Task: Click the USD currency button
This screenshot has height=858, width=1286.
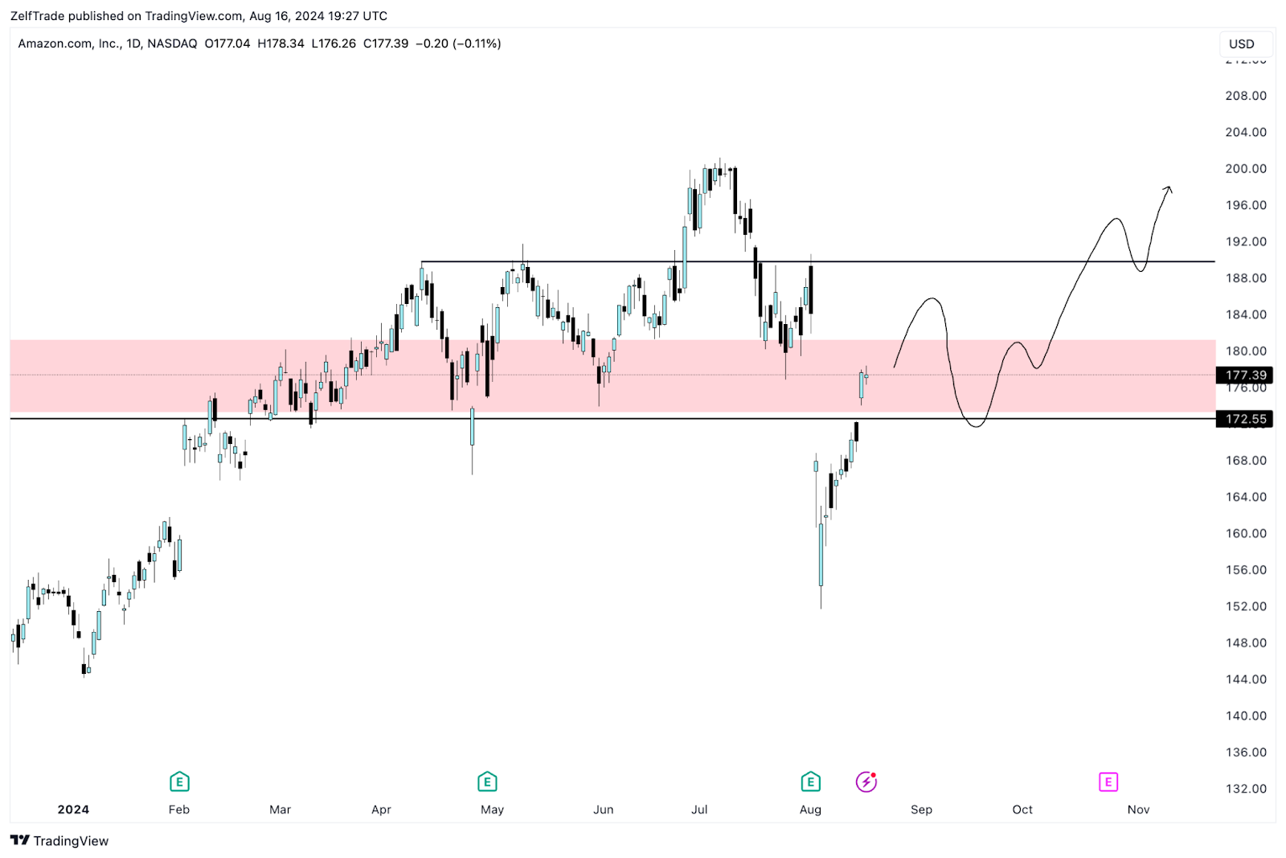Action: click(x=1241, y=44)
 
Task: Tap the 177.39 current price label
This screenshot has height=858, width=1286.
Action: click(x=1245, y=375)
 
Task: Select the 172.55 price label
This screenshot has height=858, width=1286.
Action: click(x=1245, y=419)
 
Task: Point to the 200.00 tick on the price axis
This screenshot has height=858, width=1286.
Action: click(x=1245, y=169)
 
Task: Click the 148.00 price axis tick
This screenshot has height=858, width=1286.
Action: click(x=1245, y=642)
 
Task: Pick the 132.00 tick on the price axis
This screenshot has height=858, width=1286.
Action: click(x=1245, y=789)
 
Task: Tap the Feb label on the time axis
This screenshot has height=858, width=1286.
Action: click(x=179, y=810)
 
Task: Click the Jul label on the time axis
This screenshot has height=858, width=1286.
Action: click(x=699, y=810)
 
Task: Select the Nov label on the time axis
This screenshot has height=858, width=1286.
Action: click(x=1138, y=810)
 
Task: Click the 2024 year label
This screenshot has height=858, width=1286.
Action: click(x=73, y=810)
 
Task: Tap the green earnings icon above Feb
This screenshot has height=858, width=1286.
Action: click(x=179, y=782)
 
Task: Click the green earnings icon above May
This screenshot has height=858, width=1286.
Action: click(x=487, y=782)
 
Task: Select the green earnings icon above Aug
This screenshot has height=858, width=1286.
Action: click(x=810, y=782)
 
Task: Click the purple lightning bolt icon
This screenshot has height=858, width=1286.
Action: click(x=866, y=782)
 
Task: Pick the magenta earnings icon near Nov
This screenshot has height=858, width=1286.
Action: click(x=1108, y=782)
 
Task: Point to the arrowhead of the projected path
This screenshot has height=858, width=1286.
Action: click(x=1169, y=189)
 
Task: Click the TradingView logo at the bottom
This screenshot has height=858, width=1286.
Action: click(x=59, y=841)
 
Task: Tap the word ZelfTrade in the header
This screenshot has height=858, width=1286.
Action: click(x=37, y=16)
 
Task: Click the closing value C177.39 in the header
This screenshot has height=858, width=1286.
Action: click(x=386, y=43)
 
